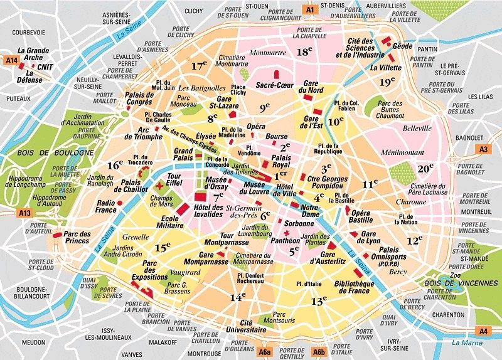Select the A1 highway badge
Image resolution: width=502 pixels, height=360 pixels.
[309, 9]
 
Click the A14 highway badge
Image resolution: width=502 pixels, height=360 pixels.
[11, 60]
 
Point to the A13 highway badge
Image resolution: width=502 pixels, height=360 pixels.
[25, 213]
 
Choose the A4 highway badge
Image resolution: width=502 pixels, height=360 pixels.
[483, 331]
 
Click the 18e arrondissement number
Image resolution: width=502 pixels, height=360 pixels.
[304, 52]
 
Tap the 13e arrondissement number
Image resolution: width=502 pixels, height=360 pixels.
[319, 301]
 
